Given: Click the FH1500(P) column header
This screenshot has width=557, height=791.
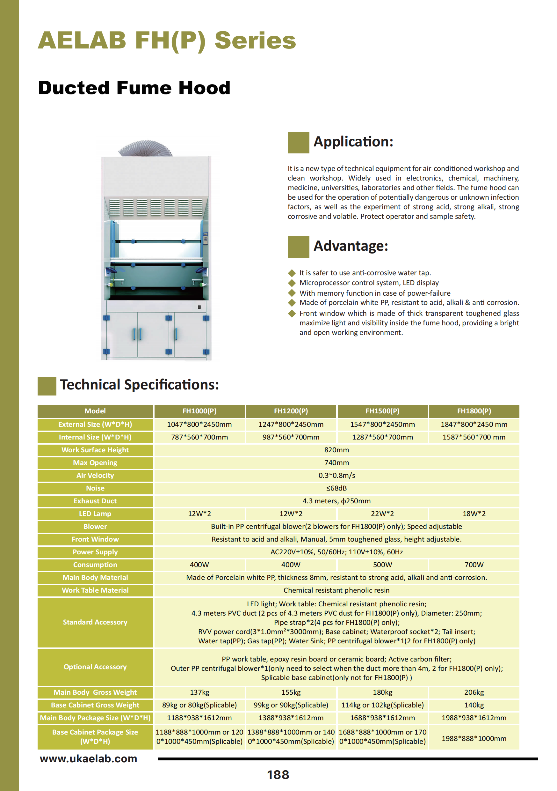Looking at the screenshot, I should click(x=382, y=411).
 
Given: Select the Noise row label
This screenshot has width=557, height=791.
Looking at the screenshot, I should click(x=95, y=488).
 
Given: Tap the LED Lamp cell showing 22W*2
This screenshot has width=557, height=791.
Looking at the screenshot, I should click(x=382, y=514).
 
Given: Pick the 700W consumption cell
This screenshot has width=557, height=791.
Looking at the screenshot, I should click(x=474, y=565).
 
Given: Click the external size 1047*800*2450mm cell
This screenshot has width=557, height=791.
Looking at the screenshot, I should click(x=199, y=425).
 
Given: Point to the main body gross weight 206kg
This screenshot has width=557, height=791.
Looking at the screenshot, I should click(x=474, y=692).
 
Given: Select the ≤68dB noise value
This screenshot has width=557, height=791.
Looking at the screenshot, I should click(x=336, y=488).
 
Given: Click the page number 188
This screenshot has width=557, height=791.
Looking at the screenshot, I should click(x=278, y=775).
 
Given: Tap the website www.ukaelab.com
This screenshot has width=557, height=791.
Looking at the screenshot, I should click(x=89, y=758).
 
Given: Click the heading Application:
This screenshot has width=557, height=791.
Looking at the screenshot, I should click(x=353, y=142).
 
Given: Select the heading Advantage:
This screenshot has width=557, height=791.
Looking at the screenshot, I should click(x=351, y=246).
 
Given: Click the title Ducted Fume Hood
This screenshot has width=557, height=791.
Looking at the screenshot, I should click(x=134, y=87).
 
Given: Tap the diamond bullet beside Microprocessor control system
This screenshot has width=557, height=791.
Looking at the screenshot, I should click(x=292, y=283).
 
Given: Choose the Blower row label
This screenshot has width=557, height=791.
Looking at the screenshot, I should click(x=95, y=526).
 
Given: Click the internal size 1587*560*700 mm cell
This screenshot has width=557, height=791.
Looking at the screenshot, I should click(x=474, y=437).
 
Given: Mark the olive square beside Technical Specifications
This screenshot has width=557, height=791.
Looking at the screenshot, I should click(x=47, y=386).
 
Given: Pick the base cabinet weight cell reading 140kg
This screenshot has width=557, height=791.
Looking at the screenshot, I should click(x=474, y=705).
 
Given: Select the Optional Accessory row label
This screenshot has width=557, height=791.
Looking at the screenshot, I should click(x=95, y=667).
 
